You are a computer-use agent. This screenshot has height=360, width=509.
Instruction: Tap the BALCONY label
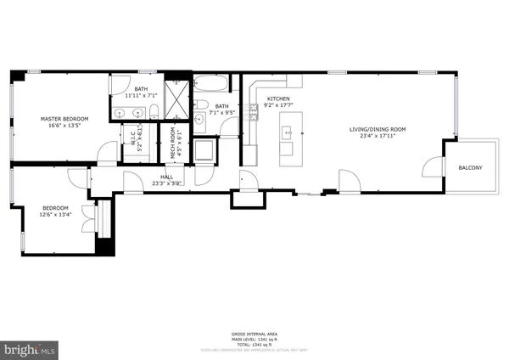(x=470, y=168)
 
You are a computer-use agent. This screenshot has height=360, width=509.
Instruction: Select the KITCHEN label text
(x=279, y=99)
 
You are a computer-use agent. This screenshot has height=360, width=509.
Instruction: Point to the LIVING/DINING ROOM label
(x=378, y=130)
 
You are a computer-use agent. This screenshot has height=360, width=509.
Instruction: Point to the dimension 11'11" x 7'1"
(x=141, y=96)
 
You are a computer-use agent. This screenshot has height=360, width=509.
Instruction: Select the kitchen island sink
(x=288, y=132)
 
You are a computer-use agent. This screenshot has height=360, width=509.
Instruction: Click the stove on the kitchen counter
(x=252, y=112)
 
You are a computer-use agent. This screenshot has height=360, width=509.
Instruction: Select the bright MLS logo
(x=30, y=348)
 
